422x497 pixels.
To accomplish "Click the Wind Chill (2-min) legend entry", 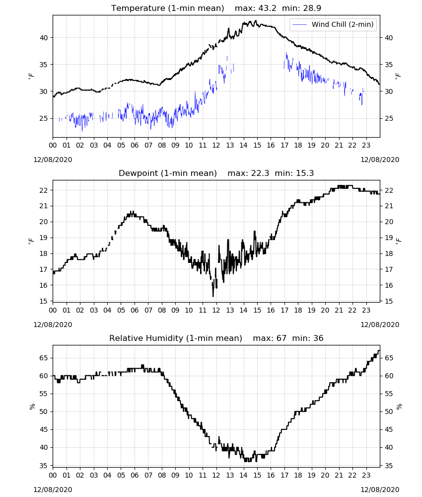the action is click(x=333, y=24).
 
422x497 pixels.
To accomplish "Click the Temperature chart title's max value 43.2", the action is click(x=267, y=8).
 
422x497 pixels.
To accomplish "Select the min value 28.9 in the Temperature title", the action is click(x=312, y=8).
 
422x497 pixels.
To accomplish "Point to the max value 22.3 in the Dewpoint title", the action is click(x=260, y=173).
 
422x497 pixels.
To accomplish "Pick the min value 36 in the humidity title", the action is click(x=318, y=338).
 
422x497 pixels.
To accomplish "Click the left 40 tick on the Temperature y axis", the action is click(x=44, y=38).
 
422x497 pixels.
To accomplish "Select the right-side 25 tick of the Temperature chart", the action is click(x=389, y=119).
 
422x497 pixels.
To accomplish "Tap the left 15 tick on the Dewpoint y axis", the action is click(x=44, y=301).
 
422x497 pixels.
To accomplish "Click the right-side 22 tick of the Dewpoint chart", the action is click(x=389, y=190).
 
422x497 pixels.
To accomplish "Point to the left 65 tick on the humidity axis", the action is click(x=44, y=358).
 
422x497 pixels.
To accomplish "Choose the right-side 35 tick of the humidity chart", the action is click(x=389, y=466).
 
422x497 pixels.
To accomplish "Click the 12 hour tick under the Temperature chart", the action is click(x=216, y=145).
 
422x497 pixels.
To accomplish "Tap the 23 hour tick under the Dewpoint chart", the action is click(x=366, y=310).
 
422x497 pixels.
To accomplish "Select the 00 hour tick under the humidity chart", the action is click(x=53, y=475).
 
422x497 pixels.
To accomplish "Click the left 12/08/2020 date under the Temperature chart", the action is click(x=53, y=160).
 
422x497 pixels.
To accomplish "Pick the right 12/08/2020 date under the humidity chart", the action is click(x=380, y=490).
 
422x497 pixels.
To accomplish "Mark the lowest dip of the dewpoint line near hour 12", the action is click(x=213, y=296).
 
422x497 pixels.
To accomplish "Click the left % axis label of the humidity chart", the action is click(x=32, y=407).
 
